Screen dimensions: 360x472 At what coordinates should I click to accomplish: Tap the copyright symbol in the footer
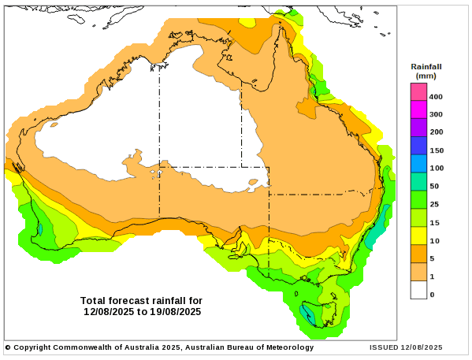tap(8, 347)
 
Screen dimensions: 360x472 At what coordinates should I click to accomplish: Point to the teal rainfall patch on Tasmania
tap(307, 316)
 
